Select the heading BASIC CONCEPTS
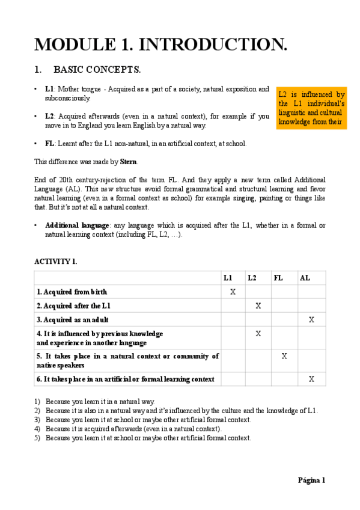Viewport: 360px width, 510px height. pos(97,70)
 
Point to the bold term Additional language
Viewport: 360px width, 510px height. pos(69,225)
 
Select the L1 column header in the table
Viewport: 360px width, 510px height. pos(228,278)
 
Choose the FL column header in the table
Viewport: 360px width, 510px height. pos(278,278)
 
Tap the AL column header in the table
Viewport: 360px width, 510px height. pos(305,278)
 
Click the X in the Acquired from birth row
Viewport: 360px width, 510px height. pos(233,292)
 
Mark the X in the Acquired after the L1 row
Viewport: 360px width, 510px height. pos(258,306)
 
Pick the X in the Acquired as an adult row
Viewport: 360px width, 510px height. pos(311,319)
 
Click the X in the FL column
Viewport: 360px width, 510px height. pos(284,356)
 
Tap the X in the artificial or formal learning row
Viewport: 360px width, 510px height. pos(311,379)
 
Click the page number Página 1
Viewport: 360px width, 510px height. pos(311,480)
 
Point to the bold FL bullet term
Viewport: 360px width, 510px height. pos(49,144)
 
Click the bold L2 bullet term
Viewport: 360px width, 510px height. pos(49,116)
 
